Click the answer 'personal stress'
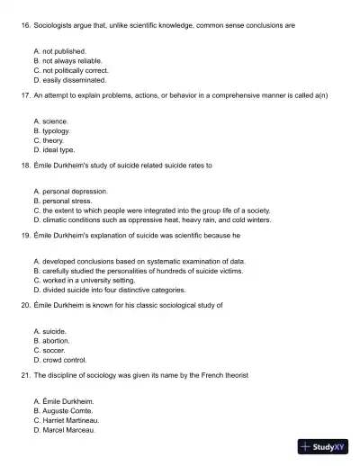[64, 200]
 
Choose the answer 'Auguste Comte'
[67, 410]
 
